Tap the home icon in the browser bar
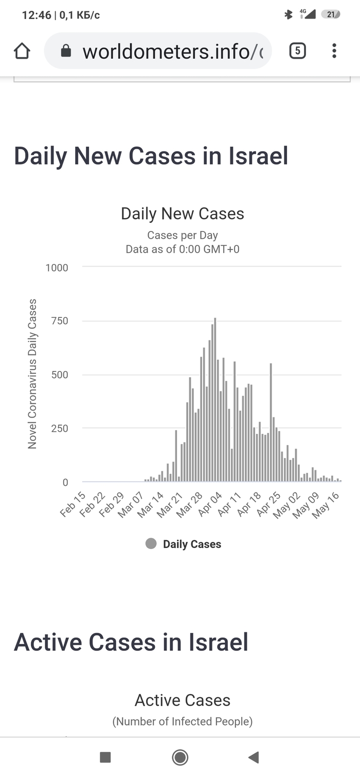click(x=22, y=51)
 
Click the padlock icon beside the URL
click(x=65, y=51)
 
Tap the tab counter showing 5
click(x=298, y=51)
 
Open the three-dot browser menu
click(x=334, y=51)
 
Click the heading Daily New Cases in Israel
click(x=151, y=156)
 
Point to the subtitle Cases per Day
click(x=183, y=236)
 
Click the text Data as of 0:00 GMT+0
click(x=183, y=250)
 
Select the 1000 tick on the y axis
click(x=57, y=268)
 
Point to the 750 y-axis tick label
click(x=59, y=321)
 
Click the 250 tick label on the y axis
click(x=59, y=429)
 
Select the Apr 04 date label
click(x=210, y=504)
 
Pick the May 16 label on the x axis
click(x=326, y=504)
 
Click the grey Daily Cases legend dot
click(x=151, y=544)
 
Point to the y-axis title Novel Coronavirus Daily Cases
click(x=32, y=374)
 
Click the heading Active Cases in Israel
click(x=131, y=642)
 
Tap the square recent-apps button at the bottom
click(x=105, y=757)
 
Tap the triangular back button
click(x=253, y=757)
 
